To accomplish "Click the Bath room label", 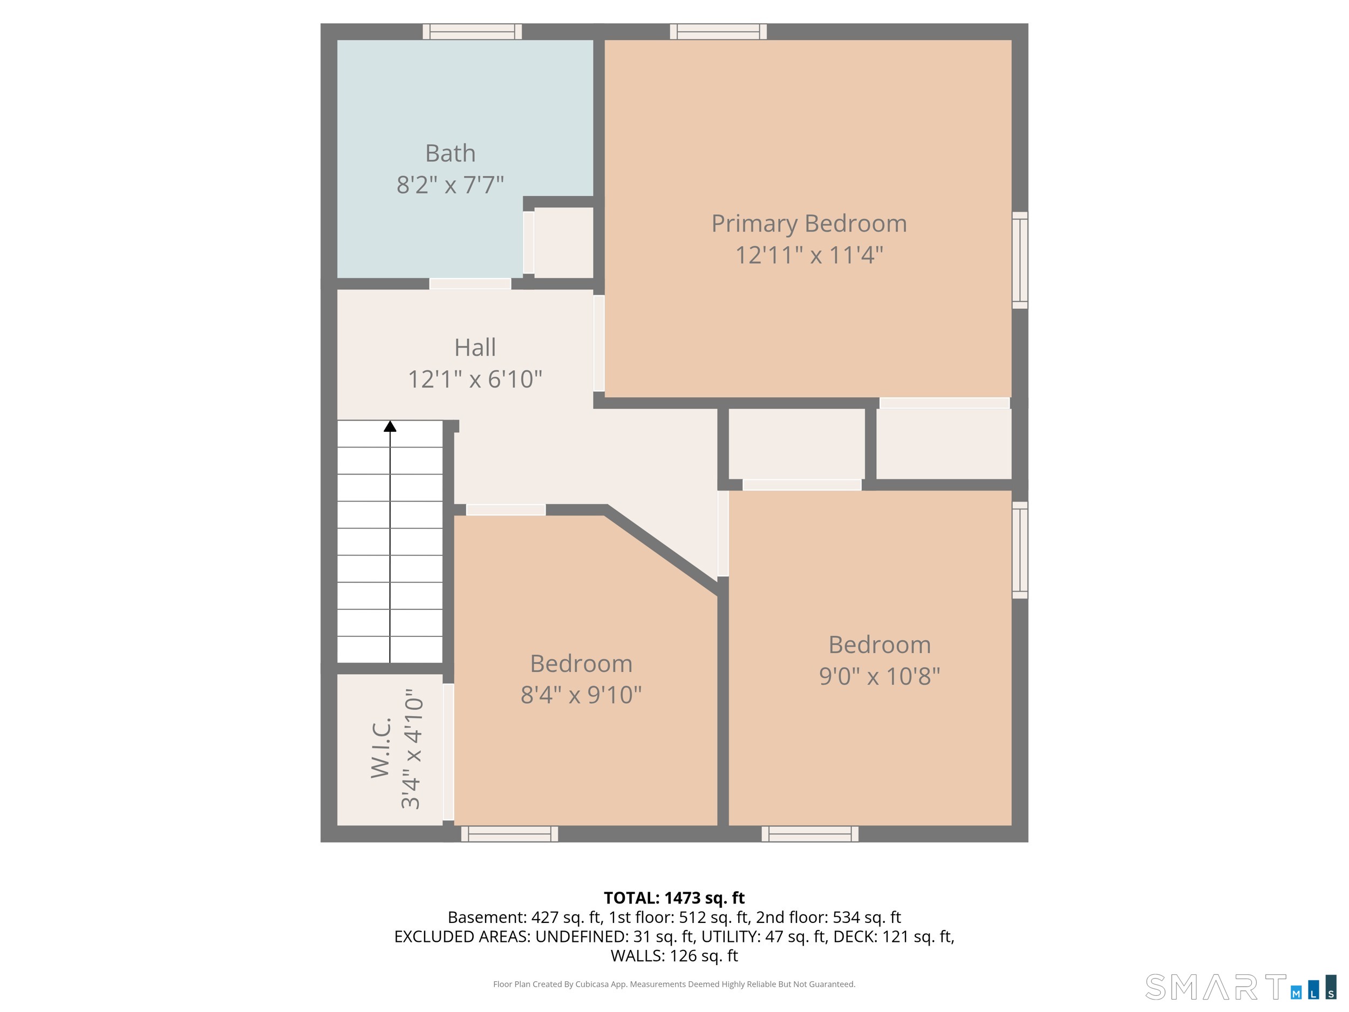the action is (450, 153).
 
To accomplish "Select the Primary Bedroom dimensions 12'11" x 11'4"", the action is (809, 255).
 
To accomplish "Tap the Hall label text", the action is (475, 348).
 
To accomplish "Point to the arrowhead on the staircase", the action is (390, 426).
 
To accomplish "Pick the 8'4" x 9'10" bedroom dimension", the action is (581, 695).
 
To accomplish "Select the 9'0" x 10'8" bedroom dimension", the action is (880, 676).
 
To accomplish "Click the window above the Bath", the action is (473, 32).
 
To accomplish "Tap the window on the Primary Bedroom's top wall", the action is (718, 32).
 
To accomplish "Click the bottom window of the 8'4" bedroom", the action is (510, 834).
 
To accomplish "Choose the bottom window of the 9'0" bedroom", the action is (810, 834).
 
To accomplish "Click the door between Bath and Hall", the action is (470, 284).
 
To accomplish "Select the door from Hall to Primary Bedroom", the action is (599, 343).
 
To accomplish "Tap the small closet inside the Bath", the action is (563, 243).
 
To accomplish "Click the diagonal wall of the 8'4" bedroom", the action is (662, 549).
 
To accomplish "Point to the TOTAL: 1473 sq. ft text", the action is (674, 898).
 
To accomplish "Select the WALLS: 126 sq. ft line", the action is (674, 956).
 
